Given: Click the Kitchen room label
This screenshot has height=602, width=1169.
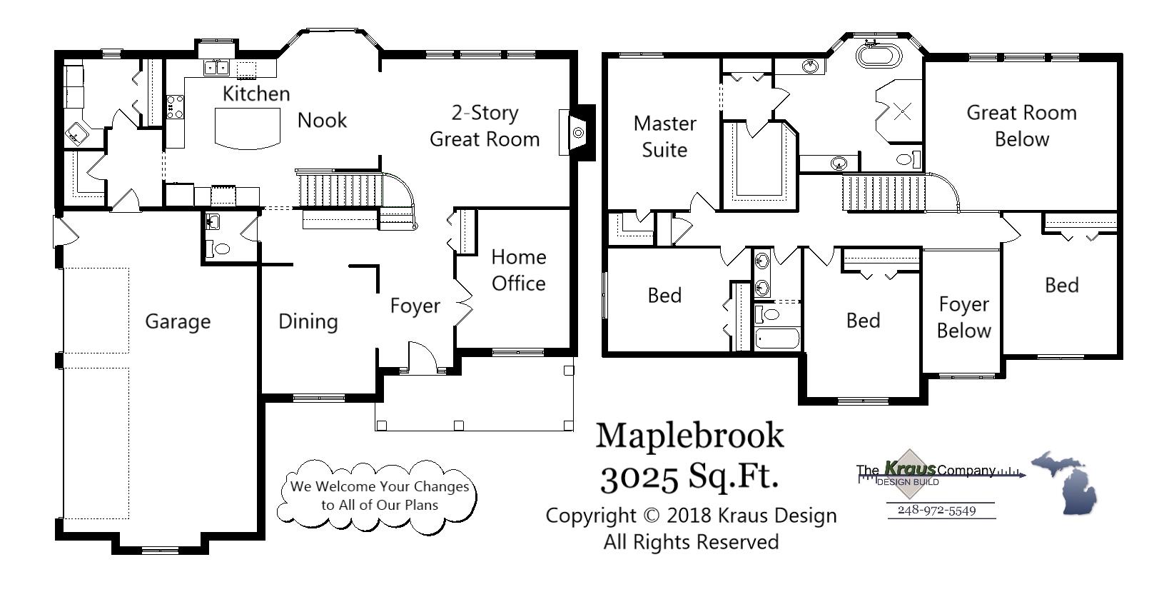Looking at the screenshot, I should click(x=256, y=94).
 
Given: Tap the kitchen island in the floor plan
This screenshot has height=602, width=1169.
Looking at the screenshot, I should click(x=247, y=129).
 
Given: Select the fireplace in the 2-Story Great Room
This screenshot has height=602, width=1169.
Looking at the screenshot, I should click(x=578, y=133).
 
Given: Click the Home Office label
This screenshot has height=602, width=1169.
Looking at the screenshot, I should click(x=518, y=271).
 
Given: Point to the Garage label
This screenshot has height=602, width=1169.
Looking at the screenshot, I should click(x=178, y=321).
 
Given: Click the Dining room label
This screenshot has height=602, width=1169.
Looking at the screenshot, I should click(x=308, y=321).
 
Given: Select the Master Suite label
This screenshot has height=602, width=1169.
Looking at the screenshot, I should click(x=664, y=136).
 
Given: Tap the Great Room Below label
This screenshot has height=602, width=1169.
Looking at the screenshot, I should click(x=1021, y=126).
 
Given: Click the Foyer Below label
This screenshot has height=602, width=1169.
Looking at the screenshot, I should click(x=963, y=318).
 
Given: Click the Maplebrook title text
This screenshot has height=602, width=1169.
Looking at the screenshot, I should click(x=689, y=435).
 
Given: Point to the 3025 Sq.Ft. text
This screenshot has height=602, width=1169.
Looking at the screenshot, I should click(x=689, y=476).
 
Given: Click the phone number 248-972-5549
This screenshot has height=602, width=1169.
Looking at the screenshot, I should click(x=936, y=510).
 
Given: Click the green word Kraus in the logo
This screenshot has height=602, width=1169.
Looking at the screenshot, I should click(x=909, y=468).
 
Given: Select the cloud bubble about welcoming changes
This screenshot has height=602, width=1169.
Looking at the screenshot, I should click(x=379, y=496).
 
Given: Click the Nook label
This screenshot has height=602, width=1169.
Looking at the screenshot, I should click(x=322, y=120).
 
